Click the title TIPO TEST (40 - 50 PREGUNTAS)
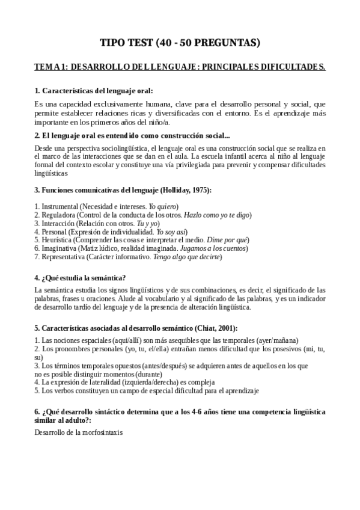pyautogui.click(x=180, y=43)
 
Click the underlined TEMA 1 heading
pyautogui.click(x=180, y=67)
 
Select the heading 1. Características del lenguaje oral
pyautogui.click(x=94, y=91)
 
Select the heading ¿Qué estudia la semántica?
pyautogui.click(x=80, y=277)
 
